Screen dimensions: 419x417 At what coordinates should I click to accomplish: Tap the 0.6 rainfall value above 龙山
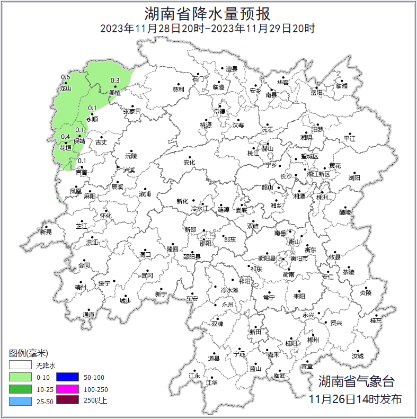point(66,77)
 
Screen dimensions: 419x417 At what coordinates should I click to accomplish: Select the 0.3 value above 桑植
point(114,81)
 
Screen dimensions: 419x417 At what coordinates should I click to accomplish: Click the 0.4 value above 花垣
point(66,137)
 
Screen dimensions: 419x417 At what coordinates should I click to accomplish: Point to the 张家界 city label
point(132,111)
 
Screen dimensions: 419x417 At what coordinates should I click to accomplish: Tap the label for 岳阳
point(316,93)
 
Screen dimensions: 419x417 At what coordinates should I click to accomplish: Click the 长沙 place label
point(286,176)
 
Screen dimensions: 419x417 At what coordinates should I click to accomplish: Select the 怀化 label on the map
point(106,216)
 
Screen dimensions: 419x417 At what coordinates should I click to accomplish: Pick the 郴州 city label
point(313,340)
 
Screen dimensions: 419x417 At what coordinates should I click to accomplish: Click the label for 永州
point(227,305)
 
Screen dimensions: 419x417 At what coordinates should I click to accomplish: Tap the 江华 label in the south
point(212,382)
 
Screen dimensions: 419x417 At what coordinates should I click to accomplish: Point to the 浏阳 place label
point(354,178)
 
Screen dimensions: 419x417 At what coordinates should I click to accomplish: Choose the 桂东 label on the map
point(376,320)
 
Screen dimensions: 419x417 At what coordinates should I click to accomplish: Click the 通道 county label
point(88,315)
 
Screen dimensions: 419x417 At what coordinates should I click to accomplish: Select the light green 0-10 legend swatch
point(20,377)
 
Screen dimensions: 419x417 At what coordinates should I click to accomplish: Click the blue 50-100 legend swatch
point(68,377)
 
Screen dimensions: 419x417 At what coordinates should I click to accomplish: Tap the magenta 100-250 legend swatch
point(68,389)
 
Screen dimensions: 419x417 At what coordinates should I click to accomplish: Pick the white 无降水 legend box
point(20,365)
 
